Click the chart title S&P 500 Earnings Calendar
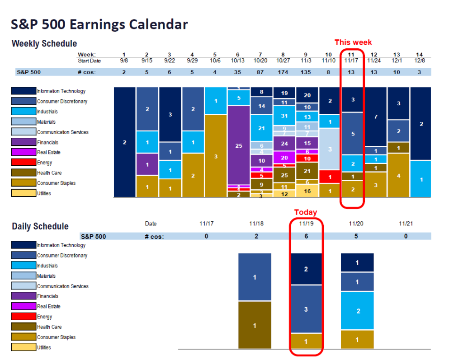(x=100, y=24)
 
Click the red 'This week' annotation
(x=353, y=42)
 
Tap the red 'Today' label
(x=306, y=212)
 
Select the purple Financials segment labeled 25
(x=239, y=145)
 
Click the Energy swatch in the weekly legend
(x=24, y=162)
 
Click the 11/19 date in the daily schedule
(x=306, y=224)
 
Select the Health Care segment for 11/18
(x=255, y=325)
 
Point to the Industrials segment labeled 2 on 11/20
(x=357, y=311)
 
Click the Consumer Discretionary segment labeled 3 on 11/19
(x=306, y=309)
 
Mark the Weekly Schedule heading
(x=44, y=44)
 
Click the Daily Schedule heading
(x=40, y=226)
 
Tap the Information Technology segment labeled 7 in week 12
(x=376, y=117)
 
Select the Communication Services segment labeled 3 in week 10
(x=330, y=149)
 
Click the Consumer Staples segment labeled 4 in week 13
(x=398, y=175)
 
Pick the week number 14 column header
(x=420, y=55)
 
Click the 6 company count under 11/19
(x=306, y=236)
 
